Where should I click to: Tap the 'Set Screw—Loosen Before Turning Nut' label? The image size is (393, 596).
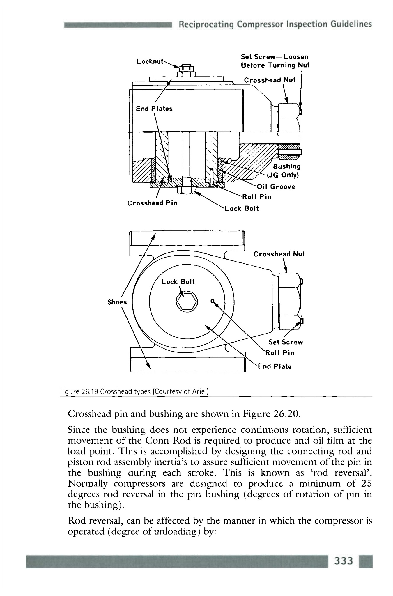tap(275, 61)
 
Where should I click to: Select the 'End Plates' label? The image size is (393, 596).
tap(154, 109)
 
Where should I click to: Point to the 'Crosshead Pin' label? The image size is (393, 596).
tap(152, 203)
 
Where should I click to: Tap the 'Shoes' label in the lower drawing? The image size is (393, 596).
tap(117, 302)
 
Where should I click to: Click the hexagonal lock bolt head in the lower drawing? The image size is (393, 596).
tap(187, 301)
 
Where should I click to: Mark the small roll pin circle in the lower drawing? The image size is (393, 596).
tap(213, 301)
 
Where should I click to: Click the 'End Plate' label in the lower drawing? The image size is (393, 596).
tap(275, 366)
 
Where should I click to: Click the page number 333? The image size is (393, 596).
tap(344, 561)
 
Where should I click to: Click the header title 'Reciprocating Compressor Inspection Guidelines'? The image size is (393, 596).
tap(275, 24)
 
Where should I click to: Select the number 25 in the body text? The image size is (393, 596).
tap(366, 483)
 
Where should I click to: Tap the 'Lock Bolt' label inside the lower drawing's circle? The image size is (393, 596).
tap(178, 282)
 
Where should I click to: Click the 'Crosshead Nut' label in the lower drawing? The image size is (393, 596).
tap(279, 254)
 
